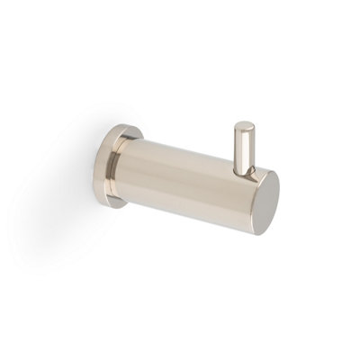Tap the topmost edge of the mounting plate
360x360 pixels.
[x=114, y=126]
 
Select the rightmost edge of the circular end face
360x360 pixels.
[x=279, y=200]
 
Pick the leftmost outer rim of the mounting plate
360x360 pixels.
[x=100, y=165]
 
